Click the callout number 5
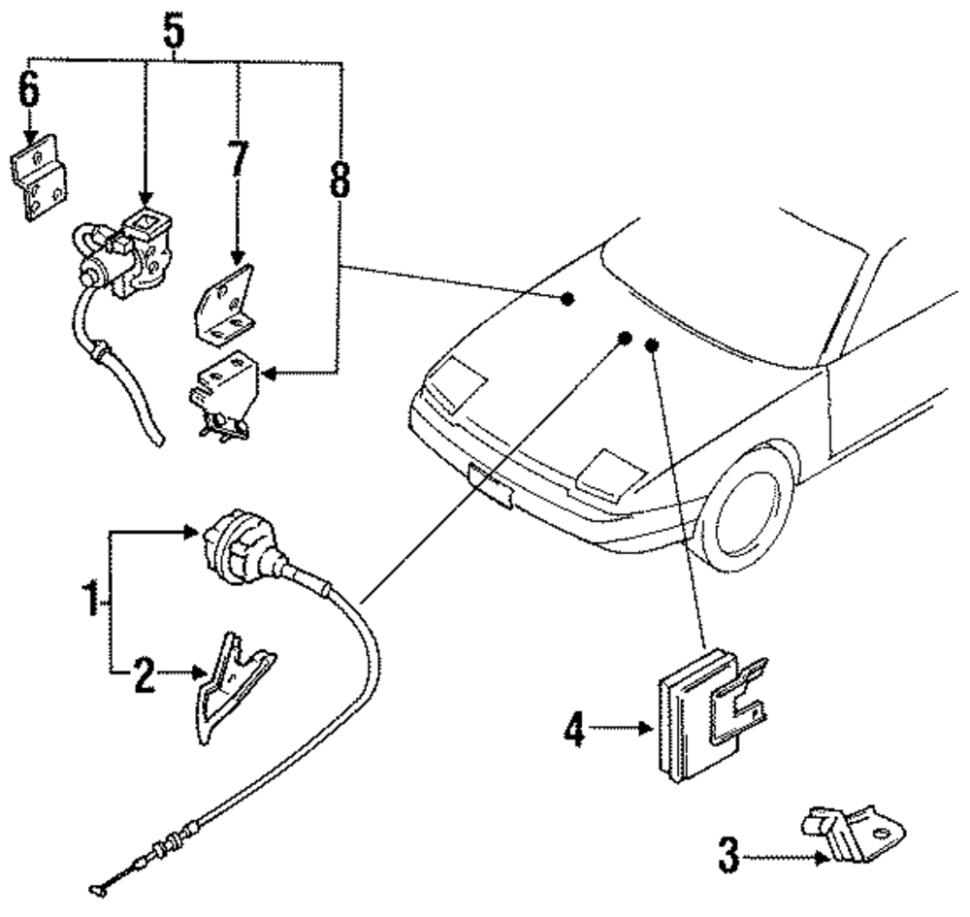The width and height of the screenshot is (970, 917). point(175,31)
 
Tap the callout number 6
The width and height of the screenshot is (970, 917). point(29,89)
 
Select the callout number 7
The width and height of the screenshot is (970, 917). point(239,158)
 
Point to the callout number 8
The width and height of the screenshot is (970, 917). point(339,180)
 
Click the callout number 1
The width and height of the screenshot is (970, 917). point(91,599)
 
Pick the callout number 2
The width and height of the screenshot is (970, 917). point(145,675)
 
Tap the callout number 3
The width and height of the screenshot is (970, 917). point(729,856)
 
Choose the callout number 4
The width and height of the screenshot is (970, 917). point(574,729)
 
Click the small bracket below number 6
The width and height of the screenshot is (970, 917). point(39,179)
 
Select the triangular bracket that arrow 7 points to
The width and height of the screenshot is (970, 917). point(225,305)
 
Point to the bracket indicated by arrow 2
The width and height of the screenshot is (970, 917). point(235,687)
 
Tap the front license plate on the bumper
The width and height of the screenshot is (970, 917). point(491,486)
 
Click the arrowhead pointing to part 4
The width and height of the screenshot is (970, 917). point(646,729)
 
